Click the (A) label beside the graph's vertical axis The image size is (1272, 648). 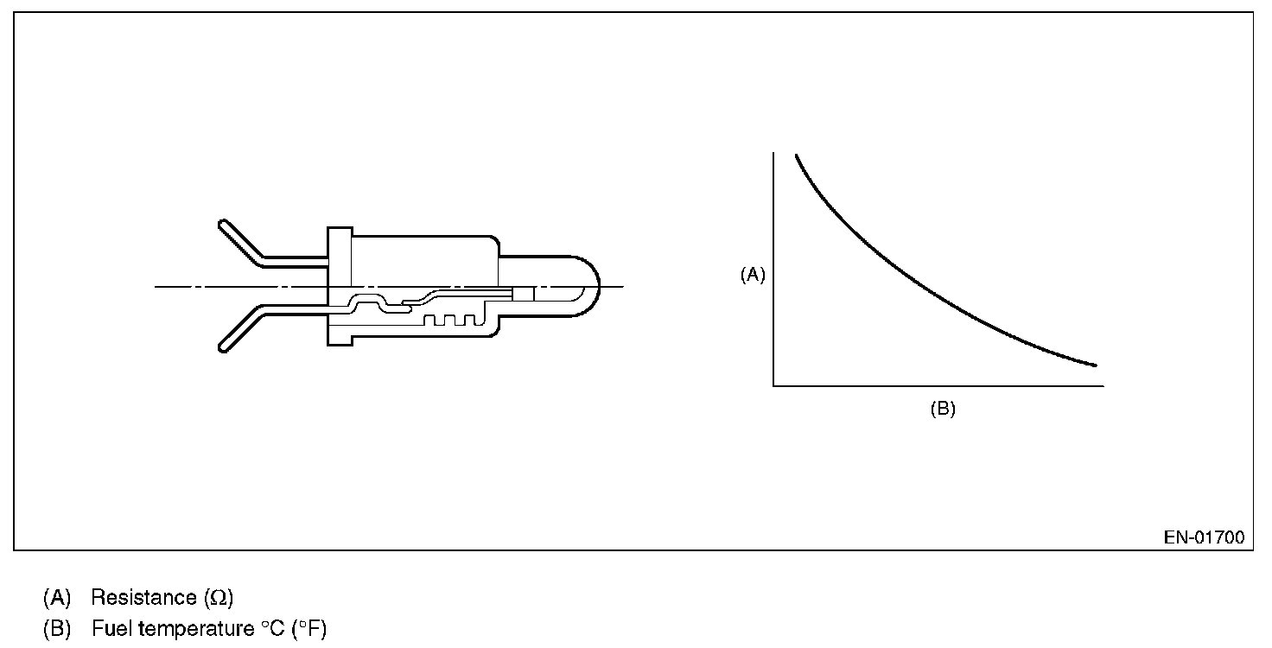753,275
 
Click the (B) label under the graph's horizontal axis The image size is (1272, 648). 943,409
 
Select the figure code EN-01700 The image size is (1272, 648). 1204,537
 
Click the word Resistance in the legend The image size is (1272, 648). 143,597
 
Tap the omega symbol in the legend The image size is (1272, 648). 218,598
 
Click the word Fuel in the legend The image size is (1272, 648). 111,629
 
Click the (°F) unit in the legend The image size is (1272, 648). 308,629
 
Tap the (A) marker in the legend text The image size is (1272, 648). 57,597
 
